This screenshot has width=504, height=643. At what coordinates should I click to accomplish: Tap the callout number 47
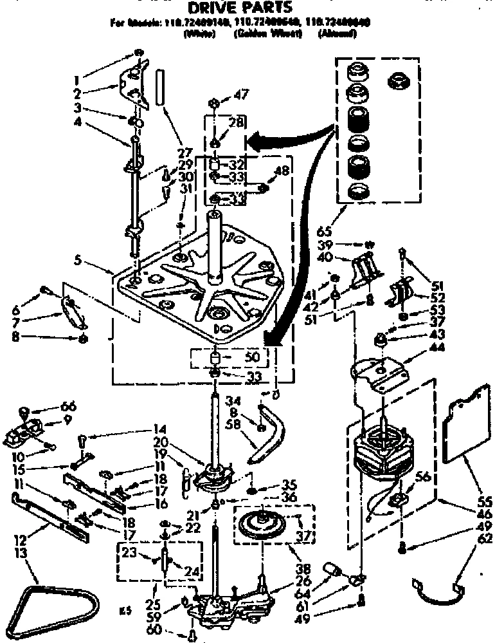coord(241,95)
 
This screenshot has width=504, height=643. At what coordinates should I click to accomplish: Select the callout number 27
coord(186,154)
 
